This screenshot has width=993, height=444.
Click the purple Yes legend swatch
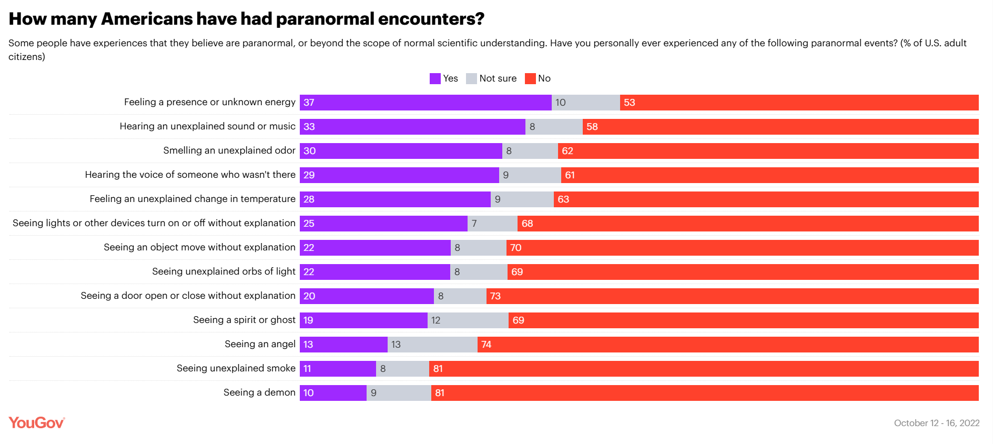tap(435, 79)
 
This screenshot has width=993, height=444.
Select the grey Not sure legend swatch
tap(471, 79)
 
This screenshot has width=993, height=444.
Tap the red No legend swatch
tap(530, 79)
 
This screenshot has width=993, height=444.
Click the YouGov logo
tap(37, 423)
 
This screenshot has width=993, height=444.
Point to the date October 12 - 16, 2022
tap(936, 423)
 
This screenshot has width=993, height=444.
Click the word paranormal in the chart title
tap(325, 19)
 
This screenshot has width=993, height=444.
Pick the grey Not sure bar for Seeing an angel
tap(432, 345)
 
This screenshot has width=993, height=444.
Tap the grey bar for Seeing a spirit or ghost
tap(468, 320)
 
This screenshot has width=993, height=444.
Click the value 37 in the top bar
tap(309, 103)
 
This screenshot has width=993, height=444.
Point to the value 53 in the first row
tap(630, 103)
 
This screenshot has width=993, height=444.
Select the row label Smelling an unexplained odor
tap(229, 150)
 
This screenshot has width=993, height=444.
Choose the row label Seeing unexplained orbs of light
tap(224, 271)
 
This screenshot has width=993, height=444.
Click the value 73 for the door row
tap(495, 296)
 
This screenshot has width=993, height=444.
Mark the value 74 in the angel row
tap(487, 345)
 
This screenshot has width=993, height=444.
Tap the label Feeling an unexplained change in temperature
tap(192, 199)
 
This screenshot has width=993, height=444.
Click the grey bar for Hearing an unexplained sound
tap(554, 127)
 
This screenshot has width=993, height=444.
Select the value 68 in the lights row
tap(528, 224)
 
